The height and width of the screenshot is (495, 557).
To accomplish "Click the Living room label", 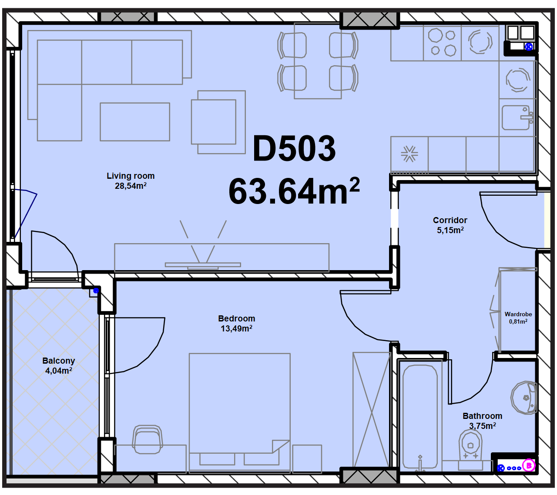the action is point(131,176).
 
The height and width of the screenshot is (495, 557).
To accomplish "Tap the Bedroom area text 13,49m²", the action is point(236,328).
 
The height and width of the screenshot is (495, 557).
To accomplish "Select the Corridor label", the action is point(450,220).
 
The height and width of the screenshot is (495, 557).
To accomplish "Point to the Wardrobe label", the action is point(518,314).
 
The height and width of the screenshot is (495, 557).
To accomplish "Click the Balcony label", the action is point(59,361).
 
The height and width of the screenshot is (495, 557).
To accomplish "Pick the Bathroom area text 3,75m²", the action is point(483,426).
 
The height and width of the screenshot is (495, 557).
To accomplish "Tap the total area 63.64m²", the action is point(294,191).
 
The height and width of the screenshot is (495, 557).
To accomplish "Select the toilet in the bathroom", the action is point(470,448).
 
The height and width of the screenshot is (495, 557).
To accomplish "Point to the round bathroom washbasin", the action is point(524,398).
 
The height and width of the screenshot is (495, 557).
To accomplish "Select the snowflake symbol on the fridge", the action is point(409,154).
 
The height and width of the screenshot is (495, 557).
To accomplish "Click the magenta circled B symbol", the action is point(529,465).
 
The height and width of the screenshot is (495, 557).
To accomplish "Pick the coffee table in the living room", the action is point(135,122).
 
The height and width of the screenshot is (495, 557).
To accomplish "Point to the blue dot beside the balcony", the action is point(96,291).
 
